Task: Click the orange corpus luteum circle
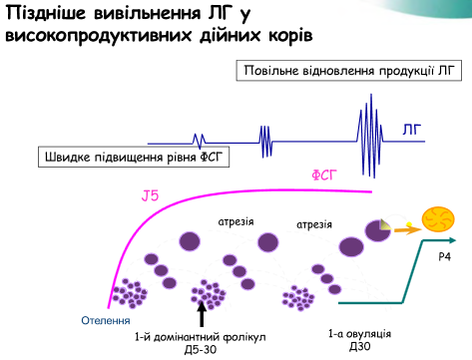(x=439, y=219)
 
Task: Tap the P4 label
(x=444, y=257)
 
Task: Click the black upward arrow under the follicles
(x=204, y=314)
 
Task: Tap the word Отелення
(x=106, y=320)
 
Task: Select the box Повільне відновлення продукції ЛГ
(x=340, y=71)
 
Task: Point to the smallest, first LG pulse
(x=200, y=141)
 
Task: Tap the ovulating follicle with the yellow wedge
(x=378, y=230)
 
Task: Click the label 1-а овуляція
(x=358, y=332)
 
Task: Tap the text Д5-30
(x=201, y=351)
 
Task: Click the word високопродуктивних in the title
(x=95, y=35)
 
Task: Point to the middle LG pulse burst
(x=266, y=140)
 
